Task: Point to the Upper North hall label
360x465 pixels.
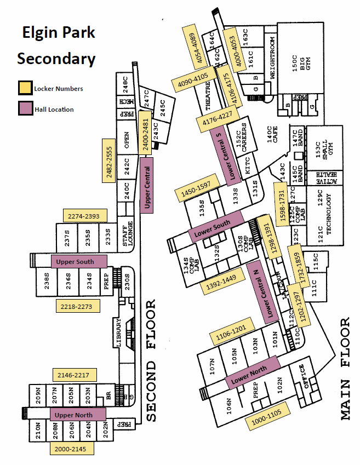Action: (78, 415)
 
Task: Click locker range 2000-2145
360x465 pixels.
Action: (71, 449)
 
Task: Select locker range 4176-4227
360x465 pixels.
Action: (218, 122)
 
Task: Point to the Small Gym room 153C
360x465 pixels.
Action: (327, 148)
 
